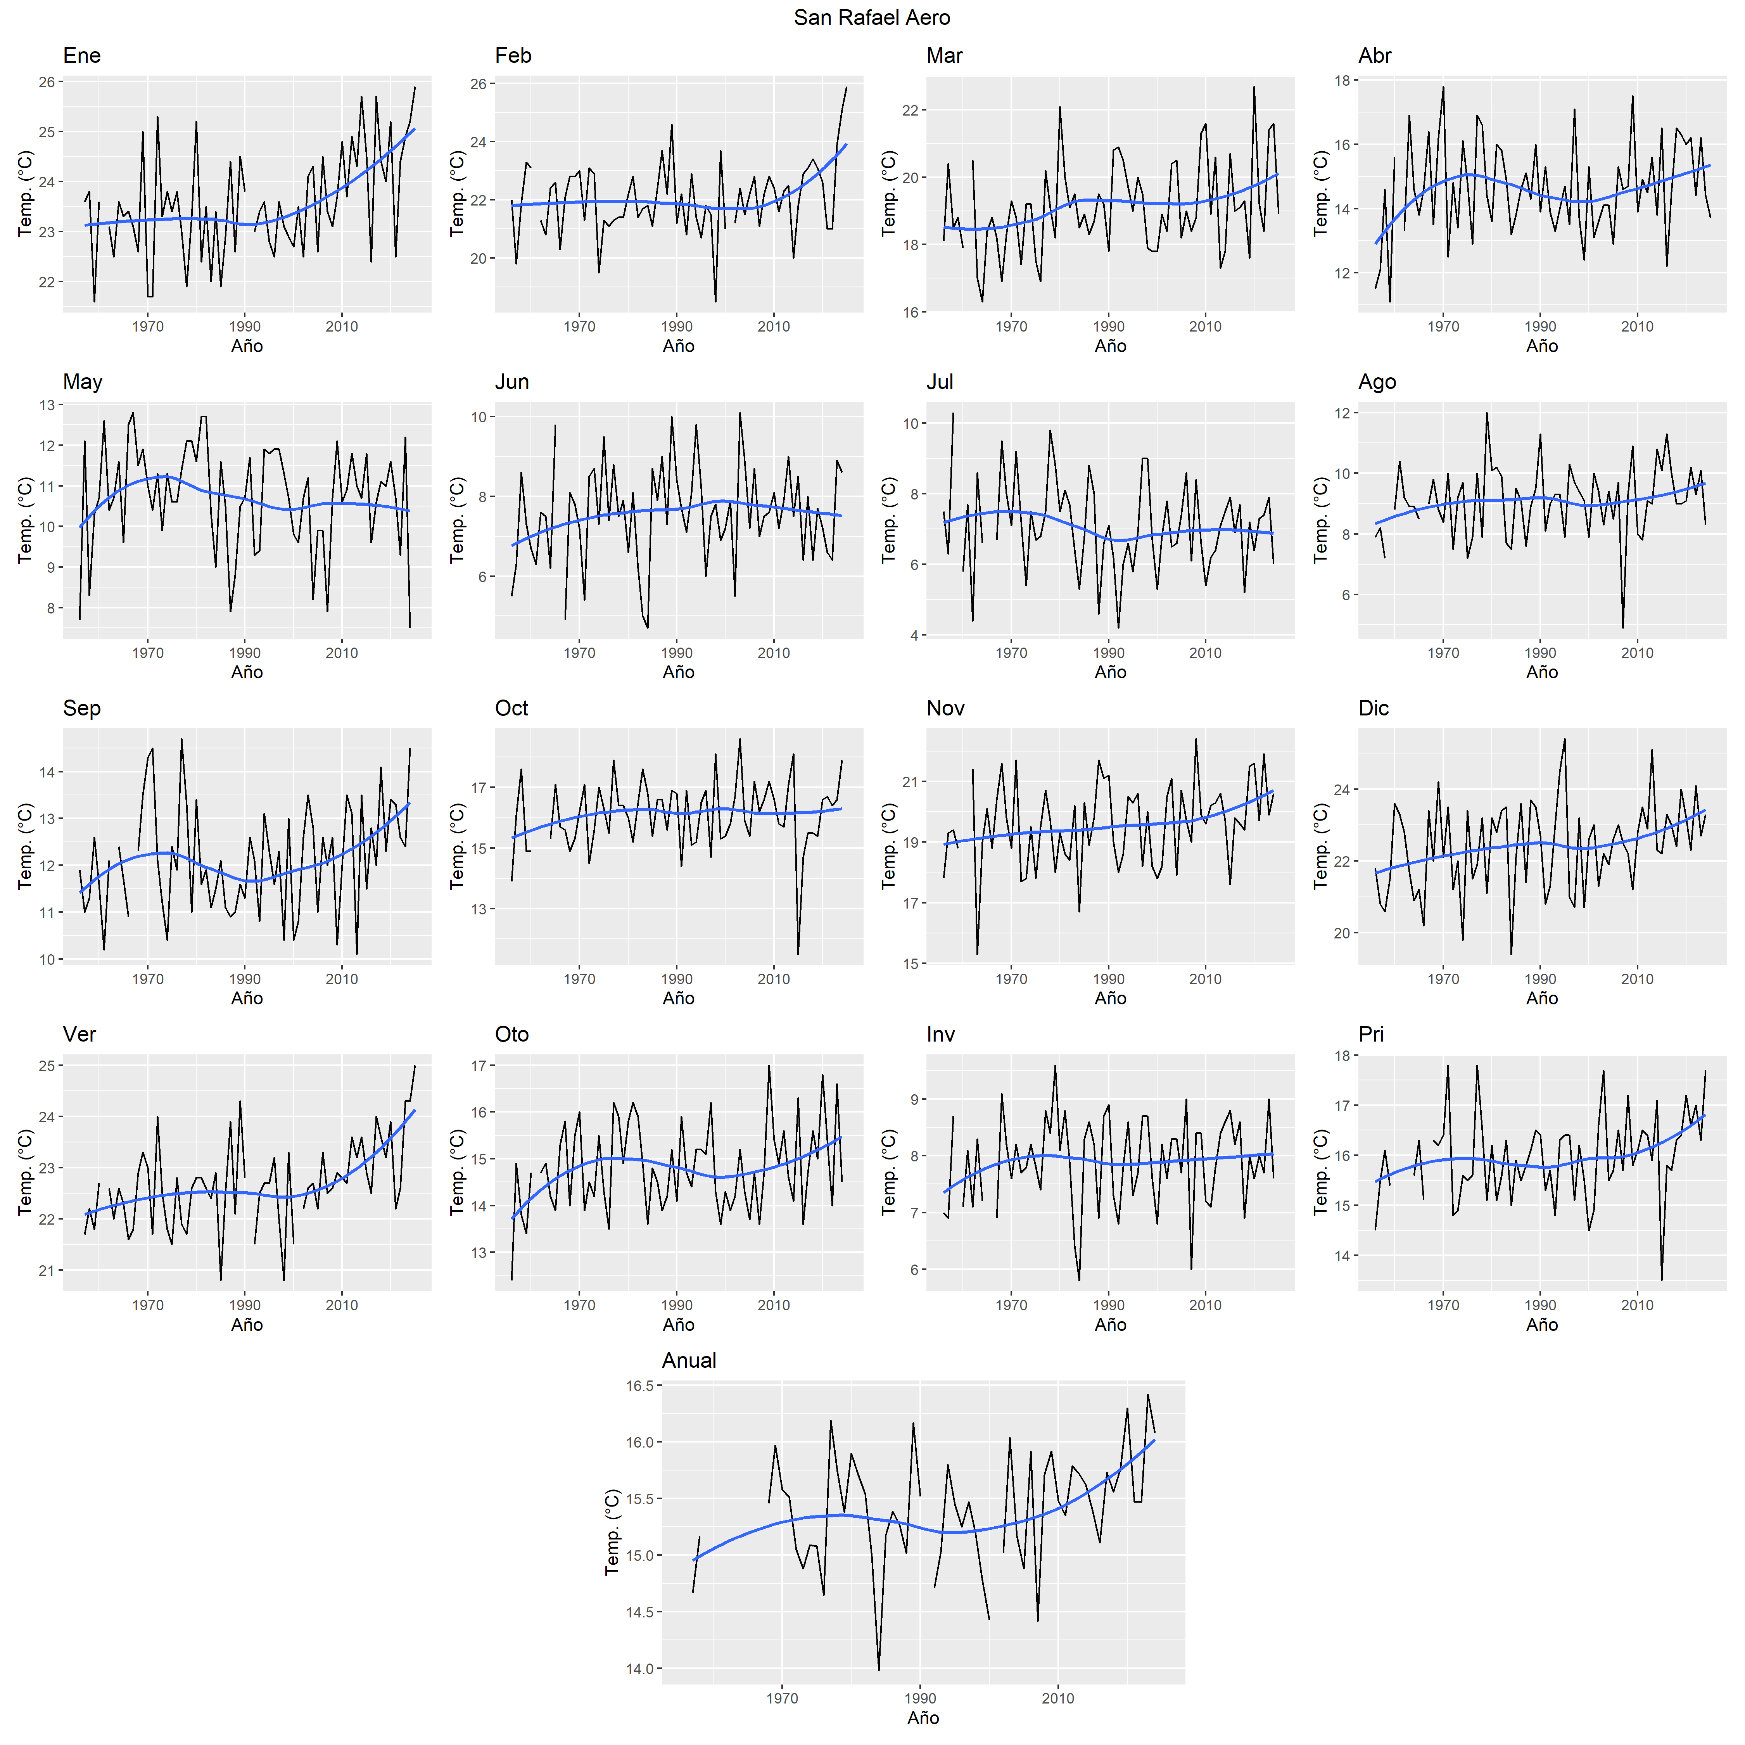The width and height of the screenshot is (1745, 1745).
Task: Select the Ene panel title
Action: tap(81, 56)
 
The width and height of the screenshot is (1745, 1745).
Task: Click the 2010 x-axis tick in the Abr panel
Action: tap(1636, 327)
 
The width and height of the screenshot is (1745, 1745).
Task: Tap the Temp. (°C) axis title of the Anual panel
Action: tap(612, 1532)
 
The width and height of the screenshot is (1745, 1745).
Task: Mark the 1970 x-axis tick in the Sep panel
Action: tap(148, 979)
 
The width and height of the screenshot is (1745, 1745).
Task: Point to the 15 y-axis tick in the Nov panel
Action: tap(909, 964)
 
